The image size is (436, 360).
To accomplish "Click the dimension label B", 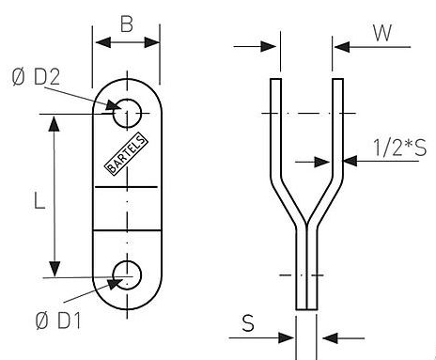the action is [x=127, y=24].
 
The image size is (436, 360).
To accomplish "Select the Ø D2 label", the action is [x=36, y=77].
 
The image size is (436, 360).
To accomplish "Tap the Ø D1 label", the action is [x=58, y=321].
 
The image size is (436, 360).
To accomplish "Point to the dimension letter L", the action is [x=39, y=201].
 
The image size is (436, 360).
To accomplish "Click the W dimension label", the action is [x=382, y=33].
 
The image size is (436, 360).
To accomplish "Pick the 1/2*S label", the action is [x=400, y=148].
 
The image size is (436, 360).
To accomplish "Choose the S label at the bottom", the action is [x=248, y=323].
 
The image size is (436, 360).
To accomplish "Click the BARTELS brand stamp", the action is [x=126, y=154].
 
